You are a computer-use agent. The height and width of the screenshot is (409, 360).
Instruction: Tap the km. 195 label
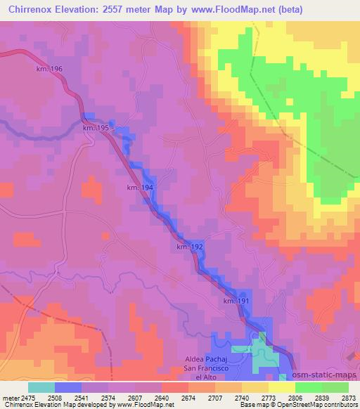click(x=95, y=128)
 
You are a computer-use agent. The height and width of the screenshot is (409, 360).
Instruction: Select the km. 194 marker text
click(x=139, y=188)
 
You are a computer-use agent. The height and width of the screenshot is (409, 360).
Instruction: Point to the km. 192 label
click(x=190, y=247)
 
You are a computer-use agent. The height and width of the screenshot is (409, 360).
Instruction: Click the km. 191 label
click(x=237, y=301)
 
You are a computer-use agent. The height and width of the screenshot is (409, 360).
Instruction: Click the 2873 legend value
click(x=349, y=398)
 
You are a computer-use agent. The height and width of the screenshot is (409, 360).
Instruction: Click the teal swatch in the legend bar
click(x=41, y=387)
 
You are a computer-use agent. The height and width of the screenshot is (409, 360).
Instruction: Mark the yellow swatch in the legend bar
click(x=282, y=387)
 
